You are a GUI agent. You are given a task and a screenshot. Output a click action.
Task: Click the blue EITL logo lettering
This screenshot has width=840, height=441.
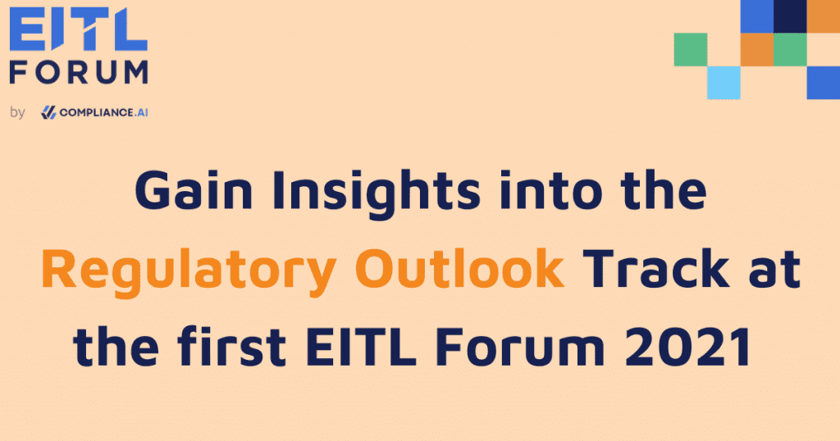point(78,33)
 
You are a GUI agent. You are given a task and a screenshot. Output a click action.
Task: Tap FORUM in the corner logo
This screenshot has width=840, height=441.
point(78,72)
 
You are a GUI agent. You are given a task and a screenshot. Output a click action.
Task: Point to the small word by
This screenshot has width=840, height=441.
point(18,112)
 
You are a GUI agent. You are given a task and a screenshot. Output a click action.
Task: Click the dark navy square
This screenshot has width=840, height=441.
point(790,16)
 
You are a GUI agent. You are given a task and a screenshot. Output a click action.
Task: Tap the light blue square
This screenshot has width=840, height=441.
point(724,82)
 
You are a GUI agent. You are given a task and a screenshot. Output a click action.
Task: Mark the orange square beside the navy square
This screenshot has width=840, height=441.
point(824,16)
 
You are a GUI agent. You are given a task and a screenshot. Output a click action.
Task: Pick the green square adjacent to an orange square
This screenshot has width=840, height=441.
point(790,49)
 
